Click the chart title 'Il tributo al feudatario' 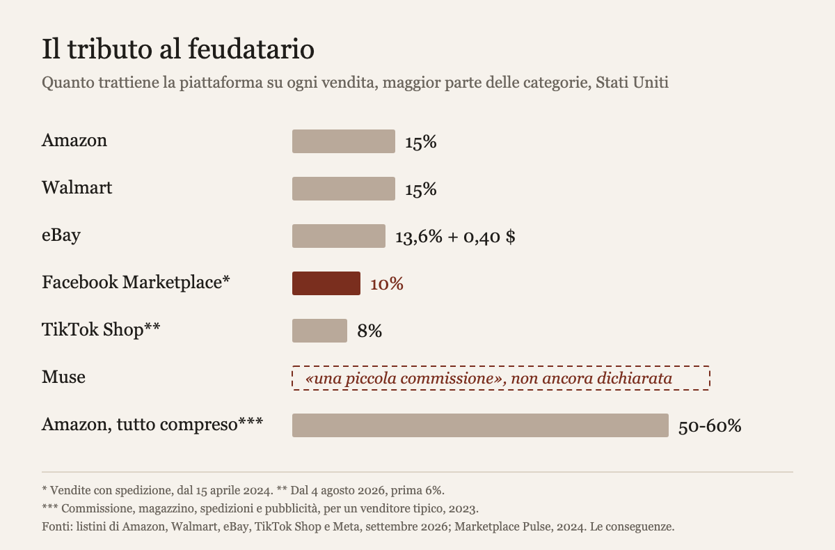coord(178,49)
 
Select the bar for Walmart coord(344,189)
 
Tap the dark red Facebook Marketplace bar coord(326,283)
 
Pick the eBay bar coord(339,236)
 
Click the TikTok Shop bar coord(319,331)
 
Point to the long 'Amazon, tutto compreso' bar coord(480,425)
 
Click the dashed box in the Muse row coord(501,367)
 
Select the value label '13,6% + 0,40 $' coord(455,237)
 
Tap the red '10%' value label coord(387,284)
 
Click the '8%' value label coord(369,331)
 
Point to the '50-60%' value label coord(710,426)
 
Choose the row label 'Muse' coord(63,377)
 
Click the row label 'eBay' coord(61,235)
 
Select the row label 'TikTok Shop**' coord(101,329)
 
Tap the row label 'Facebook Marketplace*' coord(136,282)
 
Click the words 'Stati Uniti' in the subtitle coord(632,82)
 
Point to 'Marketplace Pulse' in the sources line coord(502,526)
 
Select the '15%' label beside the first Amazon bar coord(421,142)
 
